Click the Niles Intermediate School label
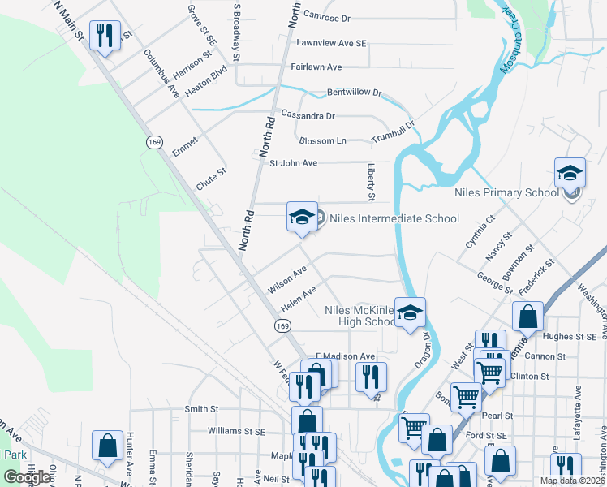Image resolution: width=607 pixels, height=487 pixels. pos(394,218)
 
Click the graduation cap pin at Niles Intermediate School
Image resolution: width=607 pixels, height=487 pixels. pos(302,218)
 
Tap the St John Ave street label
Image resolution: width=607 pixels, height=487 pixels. pos(293,163)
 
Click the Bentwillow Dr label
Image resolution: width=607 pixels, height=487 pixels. pos(354,93)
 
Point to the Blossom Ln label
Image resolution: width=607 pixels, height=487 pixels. pos(322,141)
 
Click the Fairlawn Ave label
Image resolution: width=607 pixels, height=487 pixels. pos(316,67)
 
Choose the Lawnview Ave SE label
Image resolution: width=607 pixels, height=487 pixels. pos(332,42)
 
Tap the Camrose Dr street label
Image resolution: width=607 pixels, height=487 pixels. pos(326,16)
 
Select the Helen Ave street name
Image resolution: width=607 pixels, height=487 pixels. pos(298,300)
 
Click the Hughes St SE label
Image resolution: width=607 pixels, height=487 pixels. pos(570,336)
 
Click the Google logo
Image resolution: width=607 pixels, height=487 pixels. pos(27,477)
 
